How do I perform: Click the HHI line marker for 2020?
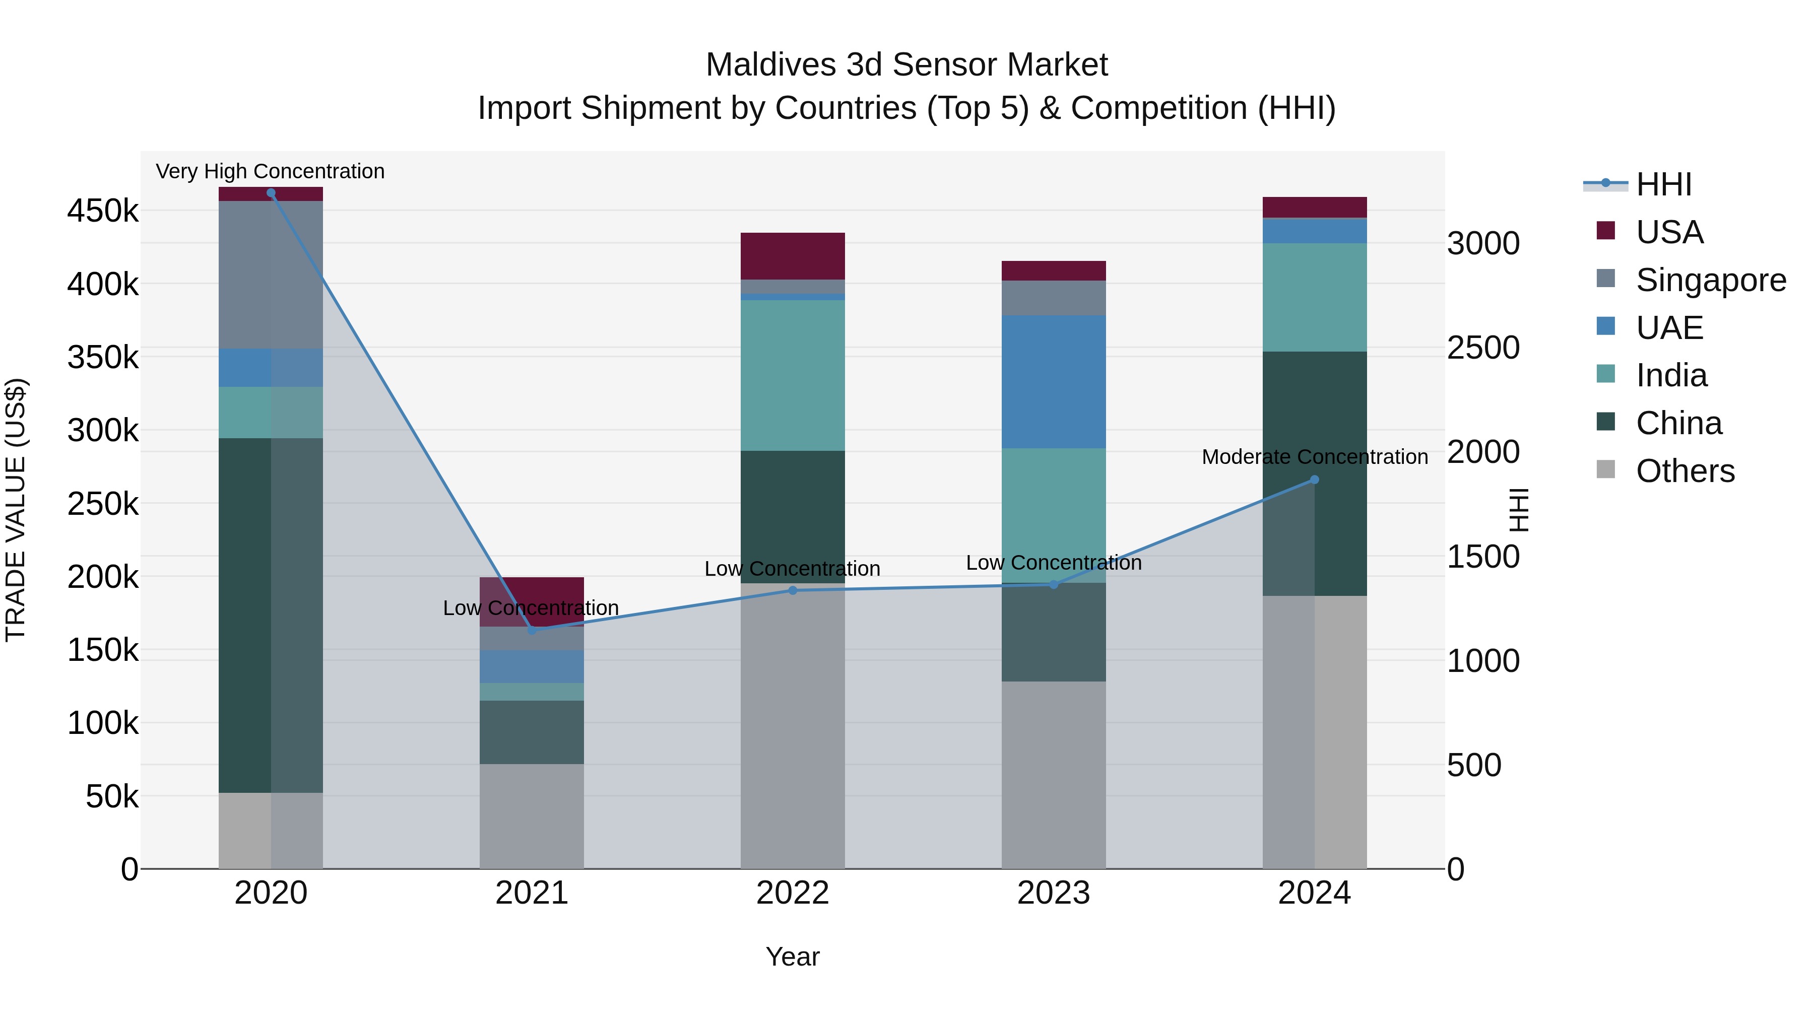pyautogui.click(x=271, y=193)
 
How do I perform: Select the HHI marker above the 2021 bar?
pyautogui.click(x=532, y=630)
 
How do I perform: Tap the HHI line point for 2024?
pyautogui.click(x=1314, y=480)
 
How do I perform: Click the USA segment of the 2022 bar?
pyautogui.click(x=792, y=256)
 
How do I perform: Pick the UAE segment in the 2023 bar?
pyautogui.click(x=1054, y=381)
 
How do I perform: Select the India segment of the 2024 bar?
pyautogui.click(x=1314, y=297)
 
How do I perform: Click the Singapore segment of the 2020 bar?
pyautogui.click(x=271, y=275)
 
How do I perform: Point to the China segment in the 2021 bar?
pyautogui.click(x=532, y=732)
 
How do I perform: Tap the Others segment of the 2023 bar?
pyautogui.click(x=1054, y=774)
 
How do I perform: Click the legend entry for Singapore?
pyautogui.click(x=1711, y=280)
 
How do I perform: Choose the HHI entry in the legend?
pyautogui.click(x=1663, y=184)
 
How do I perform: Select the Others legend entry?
pyautogui.click(x=1685, y=471)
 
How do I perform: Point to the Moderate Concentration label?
pyautogui.click(x=1314, y=457)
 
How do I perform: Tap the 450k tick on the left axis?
pyautogui.click(x=103, y=211)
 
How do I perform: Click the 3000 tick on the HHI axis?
pyautogui.click(x=1483, y=244)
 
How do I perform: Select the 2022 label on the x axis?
pyautogui.click(x=792, y=893)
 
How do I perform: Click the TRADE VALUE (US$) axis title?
pyautogui.click(x=16, y=510)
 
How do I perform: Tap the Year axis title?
pyautogui.click(x=792, y=957)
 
